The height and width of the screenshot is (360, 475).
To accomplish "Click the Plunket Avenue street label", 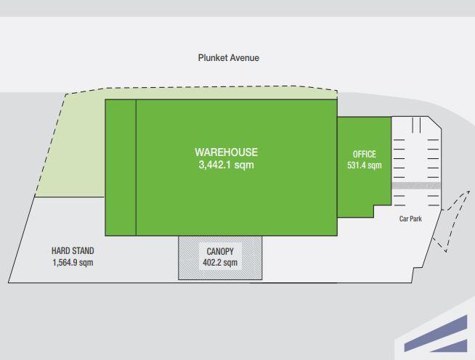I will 228,57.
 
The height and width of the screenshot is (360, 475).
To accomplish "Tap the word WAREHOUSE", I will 226,152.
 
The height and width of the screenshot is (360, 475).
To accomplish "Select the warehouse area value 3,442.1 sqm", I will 226,165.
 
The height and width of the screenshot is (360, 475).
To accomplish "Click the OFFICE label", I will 364,155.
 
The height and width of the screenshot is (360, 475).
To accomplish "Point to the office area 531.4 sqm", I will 364,165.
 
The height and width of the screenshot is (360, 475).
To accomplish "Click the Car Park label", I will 410,218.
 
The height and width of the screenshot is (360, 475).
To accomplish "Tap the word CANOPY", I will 219,252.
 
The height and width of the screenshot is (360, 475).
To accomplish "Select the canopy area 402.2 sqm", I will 219,263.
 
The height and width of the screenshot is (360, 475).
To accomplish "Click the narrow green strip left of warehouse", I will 121,167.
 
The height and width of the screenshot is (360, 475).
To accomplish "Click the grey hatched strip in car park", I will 416,186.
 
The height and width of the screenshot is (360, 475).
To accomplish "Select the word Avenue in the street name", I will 245,57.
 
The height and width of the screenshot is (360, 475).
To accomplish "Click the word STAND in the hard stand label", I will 82,251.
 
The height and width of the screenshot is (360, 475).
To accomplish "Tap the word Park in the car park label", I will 416,218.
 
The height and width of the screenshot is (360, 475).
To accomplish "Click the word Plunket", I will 213,57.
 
